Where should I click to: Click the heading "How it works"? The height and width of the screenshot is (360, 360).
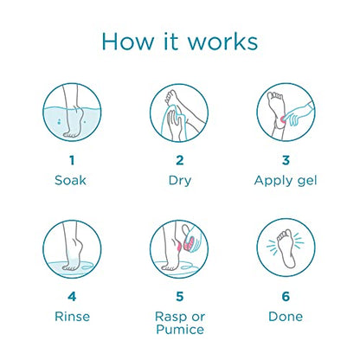(x=179, y=41)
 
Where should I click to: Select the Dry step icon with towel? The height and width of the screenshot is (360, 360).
(x=179, y=112)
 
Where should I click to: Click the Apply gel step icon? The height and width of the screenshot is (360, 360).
(x=286, y=112)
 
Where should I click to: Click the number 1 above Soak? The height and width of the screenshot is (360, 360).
(x=72, y=160)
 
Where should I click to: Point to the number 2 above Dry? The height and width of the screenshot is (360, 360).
(x=179, y=160)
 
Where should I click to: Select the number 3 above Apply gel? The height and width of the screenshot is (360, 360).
(x=286, y=160)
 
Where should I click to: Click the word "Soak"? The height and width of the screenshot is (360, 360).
(x=72, y=181)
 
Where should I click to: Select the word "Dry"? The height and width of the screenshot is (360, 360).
(x=179, y=182)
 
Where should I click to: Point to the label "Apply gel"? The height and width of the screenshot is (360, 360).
(x=286, y=182)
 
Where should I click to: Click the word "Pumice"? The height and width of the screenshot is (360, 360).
(x=179, y=330)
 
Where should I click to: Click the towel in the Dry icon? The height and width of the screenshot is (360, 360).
(x=169, y=119)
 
